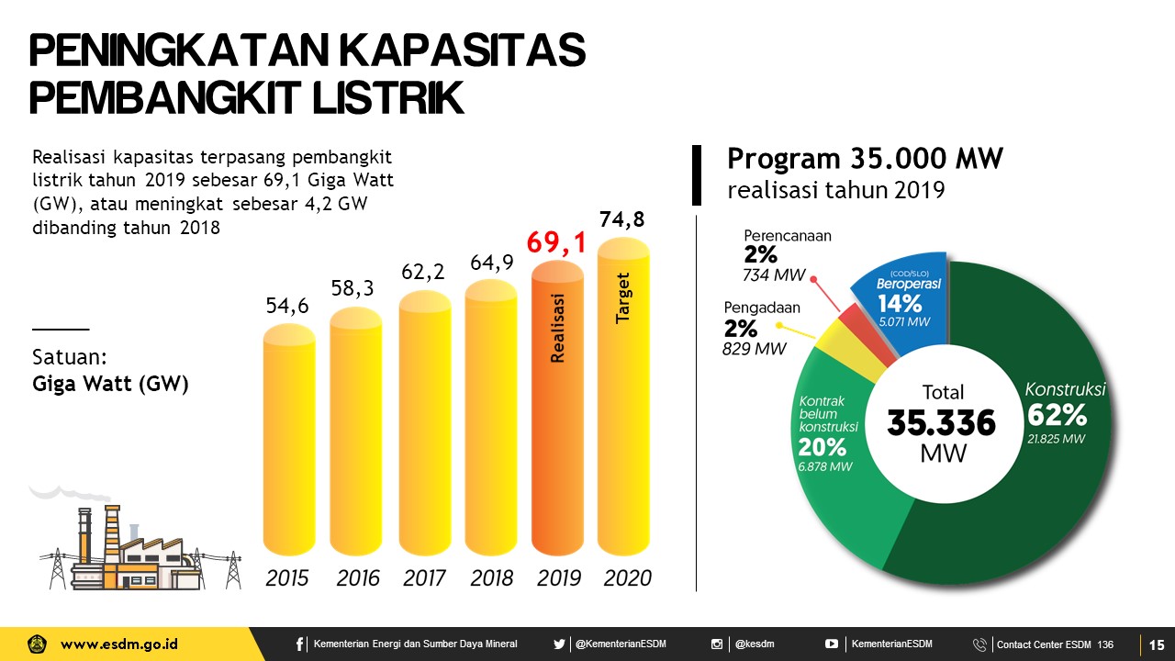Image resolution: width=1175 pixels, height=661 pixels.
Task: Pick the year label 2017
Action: tap(423, 578)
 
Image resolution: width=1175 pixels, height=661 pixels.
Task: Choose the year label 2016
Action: tap(357, 578)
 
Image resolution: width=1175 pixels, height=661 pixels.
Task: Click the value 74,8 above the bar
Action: tap(622, 219)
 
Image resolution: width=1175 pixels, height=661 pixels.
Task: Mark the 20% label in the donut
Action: tap(822, 447)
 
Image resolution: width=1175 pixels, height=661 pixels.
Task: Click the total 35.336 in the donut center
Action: tap(942, 423)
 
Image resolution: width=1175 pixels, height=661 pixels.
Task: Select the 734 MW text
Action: tap(774, 275)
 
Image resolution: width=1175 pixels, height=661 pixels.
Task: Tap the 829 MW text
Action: tap(755, 349)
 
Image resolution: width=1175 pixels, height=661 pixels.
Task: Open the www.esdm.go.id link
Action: tap(119, 644)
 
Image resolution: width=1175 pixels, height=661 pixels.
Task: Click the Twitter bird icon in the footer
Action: tap(559, 644)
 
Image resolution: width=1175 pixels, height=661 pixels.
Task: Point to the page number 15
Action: tap(1157, 644)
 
